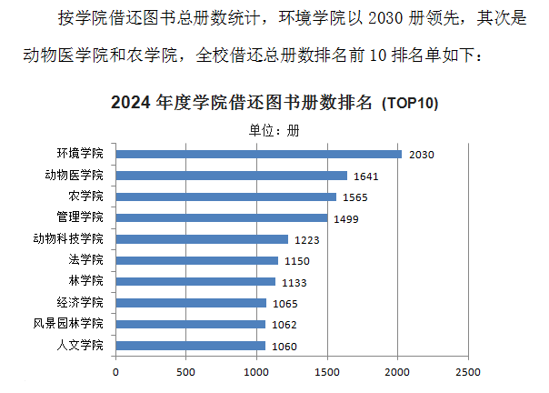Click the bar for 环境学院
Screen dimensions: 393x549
point(258,154)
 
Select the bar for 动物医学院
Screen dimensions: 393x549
point(231,176)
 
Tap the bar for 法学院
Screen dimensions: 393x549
point(196,260)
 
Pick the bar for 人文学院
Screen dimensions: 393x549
point(190,346)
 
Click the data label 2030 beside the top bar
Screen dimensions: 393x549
point(422,155)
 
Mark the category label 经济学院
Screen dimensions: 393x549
point(80,303)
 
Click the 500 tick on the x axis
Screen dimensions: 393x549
point(186,372)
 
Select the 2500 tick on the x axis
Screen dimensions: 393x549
point(468,372)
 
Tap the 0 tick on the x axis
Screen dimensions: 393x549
point(115,372)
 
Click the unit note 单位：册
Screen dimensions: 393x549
point(274,129)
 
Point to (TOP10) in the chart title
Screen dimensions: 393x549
point(409,103)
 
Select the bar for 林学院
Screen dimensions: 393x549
point(195,282)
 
